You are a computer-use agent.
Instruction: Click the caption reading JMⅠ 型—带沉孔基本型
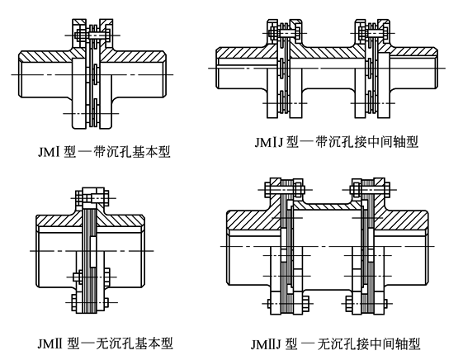104,152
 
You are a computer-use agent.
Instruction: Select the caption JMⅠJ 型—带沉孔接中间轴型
337,142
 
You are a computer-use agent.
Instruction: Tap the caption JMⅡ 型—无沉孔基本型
105,343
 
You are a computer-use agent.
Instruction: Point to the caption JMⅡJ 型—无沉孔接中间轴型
336,344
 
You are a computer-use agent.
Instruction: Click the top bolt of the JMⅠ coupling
92,36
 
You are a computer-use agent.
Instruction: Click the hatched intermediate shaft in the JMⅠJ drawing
328,52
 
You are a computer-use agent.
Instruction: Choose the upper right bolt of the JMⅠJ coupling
373,33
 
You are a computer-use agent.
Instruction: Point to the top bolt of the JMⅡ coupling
92,197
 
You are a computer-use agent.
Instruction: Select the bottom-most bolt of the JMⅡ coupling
90,302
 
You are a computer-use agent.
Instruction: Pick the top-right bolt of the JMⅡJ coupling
370,189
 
